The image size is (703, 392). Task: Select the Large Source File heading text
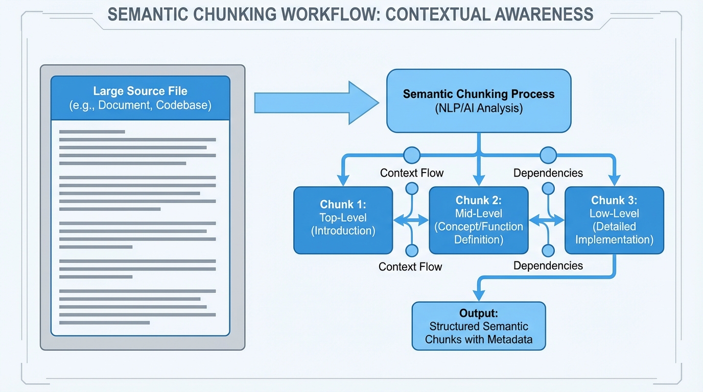tap(140, 91)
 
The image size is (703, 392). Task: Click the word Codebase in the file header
tap(183, 106)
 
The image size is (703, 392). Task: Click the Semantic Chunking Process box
tap(478, 101)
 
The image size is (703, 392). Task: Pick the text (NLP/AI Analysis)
tap(478, 108)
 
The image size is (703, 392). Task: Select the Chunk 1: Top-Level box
tap(343, 220)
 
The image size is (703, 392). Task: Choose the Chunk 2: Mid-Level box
tap(478, 220)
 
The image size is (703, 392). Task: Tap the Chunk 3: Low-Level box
tap(614, 220)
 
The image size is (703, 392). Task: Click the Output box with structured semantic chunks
tap(478, 326)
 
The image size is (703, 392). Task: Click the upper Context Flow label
tap(412, 173)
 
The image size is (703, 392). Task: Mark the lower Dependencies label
tap(548, 265)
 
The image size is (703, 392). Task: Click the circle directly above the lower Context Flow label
tap(411, 251)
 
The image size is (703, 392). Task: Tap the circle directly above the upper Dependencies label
tap(548, 155)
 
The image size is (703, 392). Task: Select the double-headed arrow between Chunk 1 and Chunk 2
tap(411, 220)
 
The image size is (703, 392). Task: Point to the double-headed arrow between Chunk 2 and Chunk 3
tap(547, 220)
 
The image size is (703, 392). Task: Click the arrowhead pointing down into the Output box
tap(479, 295)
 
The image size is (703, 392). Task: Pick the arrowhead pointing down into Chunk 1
tap(343, 180)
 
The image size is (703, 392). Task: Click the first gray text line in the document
tap(92, 132)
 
